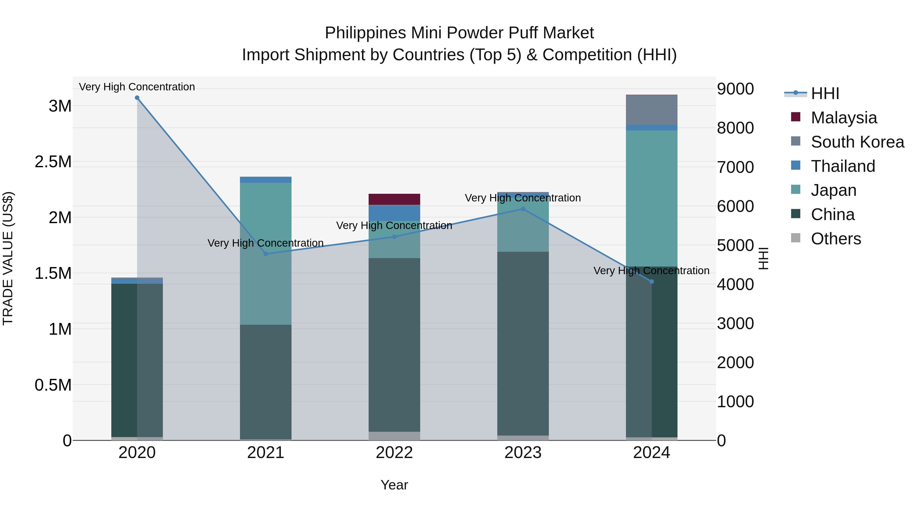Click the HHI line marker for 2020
[x=137, y=98]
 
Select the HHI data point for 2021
[x=266, y=254]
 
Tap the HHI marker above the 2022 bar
[x=394, y=237]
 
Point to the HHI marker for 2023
[x=523, y=209]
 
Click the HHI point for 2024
[x=652, y=282]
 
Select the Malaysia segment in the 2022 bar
[x=394, y=199]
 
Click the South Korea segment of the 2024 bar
[x=652, y=110]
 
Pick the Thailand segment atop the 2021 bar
[x=266, y=180]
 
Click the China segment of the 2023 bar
[x=523, y=343]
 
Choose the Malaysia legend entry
[x=844, y=118]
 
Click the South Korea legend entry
[x=857, y=142]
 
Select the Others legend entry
[x=836, y=239]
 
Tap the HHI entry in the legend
[x=825, y=93]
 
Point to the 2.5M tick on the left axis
[x=53, y=162]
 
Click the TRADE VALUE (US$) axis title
[x=8, y=258]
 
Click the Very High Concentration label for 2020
[x=137, y=87]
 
